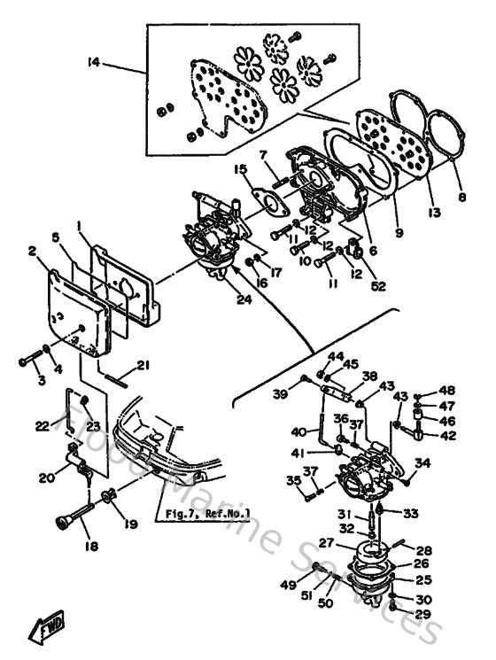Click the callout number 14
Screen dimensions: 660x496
93,61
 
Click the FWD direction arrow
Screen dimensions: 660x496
42,630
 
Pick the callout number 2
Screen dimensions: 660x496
32,252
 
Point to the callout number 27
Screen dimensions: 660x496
326,543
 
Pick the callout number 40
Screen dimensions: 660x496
298,432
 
